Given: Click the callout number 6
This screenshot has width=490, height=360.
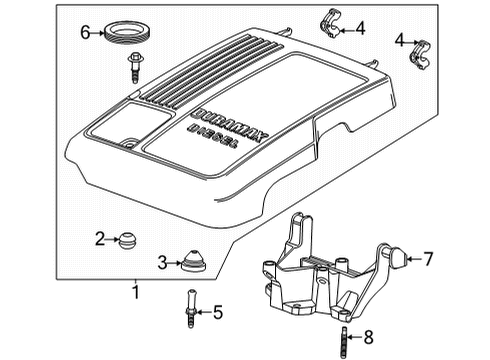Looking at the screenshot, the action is tap(86, 32).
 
